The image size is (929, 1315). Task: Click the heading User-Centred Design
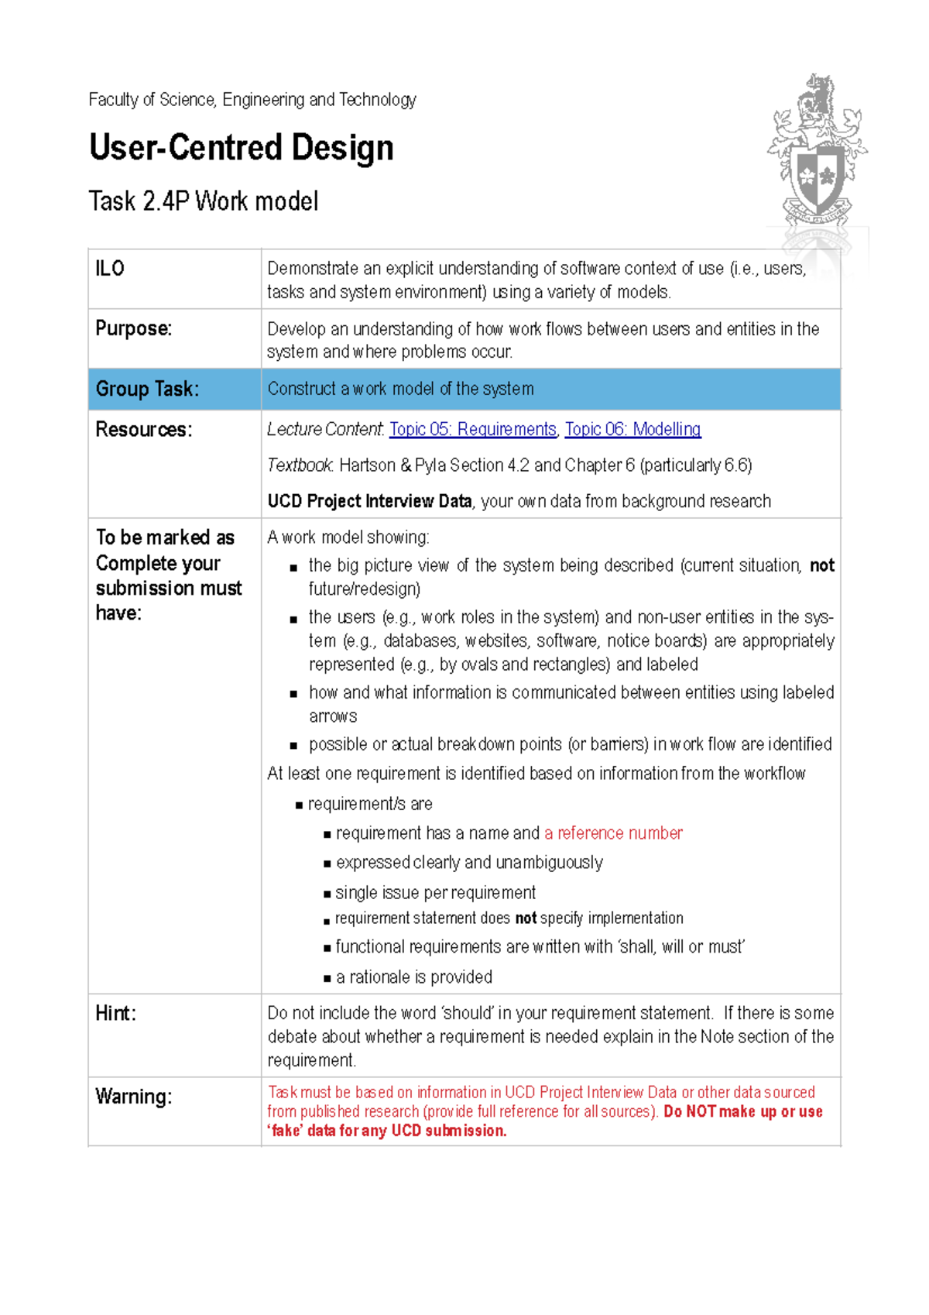[x=242, y=147]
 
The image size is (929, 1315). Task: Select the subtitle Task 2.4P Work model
[x=204, y=201]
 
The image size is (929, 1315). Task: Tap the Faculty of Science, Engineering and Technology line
[x=252, y=100]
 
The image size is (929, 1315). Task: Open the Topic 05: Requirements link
[x=472, y=429]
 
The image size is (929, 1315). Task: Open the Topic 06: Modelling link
[x=632, y=429]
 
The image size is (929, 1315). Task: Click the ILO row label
[x=110, y=269]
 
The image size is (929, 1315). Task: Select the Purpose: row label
[x=133, y=328]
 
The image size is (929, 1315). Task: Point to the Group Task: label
[x=147, y=389]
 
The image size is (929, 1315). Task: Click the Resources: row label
[x=143, y=429]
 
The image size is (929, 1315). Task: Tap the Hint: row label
[x=115, y=1013]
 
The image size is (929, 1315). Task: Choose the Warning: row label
[x=133, y=1097]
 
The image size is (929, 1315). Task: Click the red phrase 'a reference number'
[x=613, y=833]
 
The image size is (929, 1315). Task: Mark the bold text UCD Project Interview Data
[x=369, y=501]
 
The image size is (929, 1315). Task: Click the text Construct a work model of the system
[x=400, y=389]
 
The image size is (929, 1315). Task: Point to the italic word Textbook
[x=300, y=465]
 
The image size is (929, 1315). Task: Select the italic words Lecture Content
[x=324, y=429]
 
